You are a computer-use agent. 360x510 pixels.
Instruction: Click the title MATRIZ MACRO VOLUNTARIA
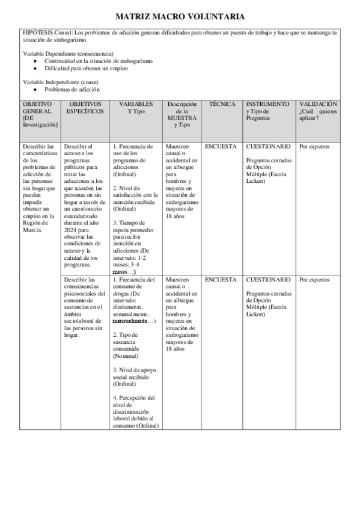point(180,17)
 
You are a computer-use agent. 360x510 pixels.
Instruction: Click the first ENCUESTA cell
point(221,146)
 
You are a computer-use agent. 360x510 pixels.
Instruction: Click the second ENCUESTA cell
point(221,280)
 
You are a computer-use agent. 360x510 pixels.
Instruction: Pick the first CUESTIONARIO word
point(268,146)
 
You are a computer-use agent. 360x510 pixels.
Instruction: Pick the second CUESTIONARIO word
point(268,280)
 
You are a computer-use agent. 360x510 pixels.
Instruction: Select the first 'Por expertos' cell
point(314,146)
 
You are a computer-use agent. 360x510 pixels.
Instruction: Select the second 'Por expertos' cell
point(314,280)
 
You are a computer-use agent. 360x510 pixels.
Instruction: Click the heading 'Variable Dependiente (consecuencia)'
point(61,54)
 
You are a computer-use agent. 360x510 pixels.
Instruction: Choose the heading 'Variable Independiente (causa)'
point(61,82)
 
